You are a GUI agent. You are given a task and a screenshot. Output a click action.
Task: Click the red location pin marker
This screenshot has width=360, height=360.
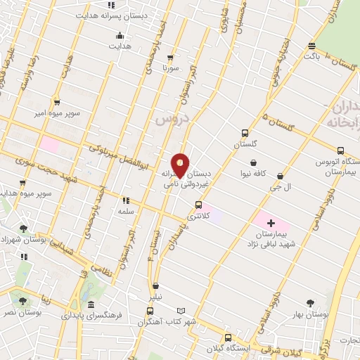point(181,165)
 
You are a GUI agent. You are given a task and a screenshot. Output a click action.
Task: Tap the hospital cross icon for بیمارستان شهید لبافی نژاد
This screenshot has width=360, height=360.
point(271,223)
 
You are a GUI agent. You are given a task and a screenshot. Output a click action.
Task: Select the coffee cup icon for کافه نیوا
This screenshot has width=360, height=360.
point(252,163)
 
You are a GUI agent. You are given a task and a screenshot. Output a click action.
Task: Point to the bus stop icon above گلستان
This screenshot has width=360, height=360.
point(245,133)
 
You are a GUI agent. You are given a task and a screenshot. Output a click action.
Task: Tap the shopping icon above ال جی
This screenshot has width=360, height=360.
point(281,176)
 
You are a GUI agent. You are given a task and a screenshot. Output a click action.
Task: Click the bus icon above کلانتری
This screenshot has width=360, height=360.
point(199,205)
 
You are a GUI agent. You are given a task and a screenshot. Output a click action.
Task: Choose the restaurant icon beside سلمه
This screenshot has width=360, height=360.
point(127,200)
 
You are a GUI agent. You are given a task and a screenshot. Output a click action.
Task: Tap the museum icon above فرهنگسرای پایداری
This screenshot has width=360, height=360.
point(91,305)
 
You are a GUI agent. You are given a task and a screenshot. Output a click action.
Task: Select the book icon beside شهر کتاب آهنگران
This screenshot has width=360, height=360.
point(181,310)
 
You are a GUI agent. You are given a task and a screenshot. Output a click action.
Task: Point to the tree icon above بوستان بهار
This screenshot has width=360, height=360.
point(310,304)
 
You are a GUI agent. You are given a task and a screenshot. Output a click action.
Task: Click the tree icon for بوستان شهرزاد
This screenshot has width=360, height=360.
point(24,228)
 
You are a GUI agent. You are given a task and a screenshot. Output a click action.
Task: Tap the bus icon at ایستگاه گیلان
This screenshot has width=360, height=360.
point(227,337)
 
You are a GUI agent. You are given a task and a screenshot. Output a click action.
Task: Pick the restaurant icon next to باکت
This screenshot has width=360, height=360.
point(312,46)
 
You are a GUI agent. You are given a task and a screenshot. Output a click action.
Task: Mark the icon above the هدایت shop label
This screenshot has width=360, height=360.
point(120,35)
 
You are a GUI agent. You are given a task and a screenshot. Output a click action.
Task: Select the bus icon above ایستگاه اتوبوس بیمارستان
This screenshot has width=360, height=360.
point(341,150)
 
